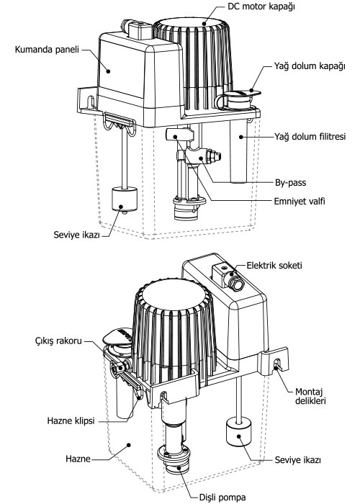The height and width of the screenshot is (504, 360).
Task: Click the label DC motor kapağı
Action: point(261,7)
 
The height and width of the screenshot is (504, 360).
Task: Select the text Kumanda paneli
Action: point(47,50)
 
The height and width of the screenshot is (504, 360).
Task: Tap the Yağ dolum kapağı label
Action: point(310,66)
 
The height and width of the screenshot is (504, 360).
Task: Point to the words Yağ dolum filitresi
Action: point(310,137)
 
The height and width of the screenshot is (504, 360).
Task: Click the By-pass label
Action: point(291,183)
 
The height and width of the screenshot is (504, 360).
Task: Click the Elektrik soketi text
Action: point(274,266)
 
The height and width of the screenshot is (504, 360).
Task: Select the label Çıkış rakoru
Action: point(58,341)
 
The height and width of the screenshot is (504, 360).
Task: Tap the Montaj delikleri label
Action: point(310,396)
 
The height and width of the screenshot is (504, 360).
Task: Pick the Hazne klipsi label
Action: point(71,420)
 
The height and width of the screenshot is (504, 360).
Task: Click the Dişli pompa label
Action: point(222,498)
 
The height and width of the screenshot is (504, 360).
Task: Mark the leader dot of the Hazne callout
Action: point(129,445)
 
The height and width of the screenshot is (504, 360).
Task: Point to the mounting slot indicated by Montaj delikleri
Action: point(276,364)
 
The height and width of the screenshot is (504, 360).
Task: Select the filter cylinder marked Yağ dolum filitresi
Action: point(239,150)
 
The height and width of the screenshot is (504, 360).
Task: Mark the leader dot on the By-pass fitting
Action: point(202,158)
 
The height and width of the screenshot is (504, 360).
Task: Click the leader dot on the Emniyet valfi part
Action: point(176,137)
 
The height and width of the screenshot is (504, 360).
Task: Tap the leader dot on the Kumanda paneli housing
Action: point(109,71)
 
